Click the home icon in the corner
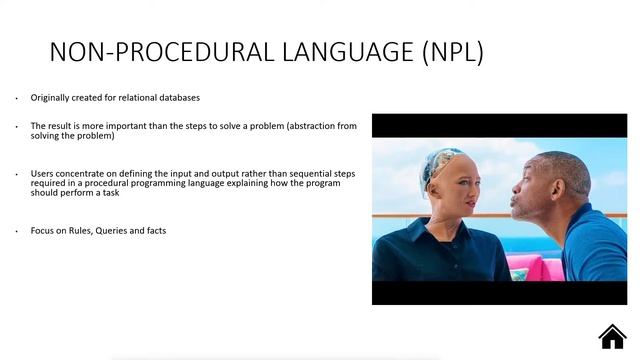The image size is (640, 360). [612, 336]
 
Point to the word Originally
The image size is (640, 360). [51, 98]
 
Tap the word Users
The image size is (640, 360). [42, 174]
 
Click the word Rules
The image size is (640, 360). [81, 231]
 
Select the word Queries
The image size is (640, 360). [113, 231]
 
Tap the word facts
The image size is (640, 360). [154, 231]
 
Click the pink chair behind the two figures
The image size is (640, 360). [520, 265]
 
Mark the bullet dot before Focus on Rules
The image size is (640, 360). [16, 232]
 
